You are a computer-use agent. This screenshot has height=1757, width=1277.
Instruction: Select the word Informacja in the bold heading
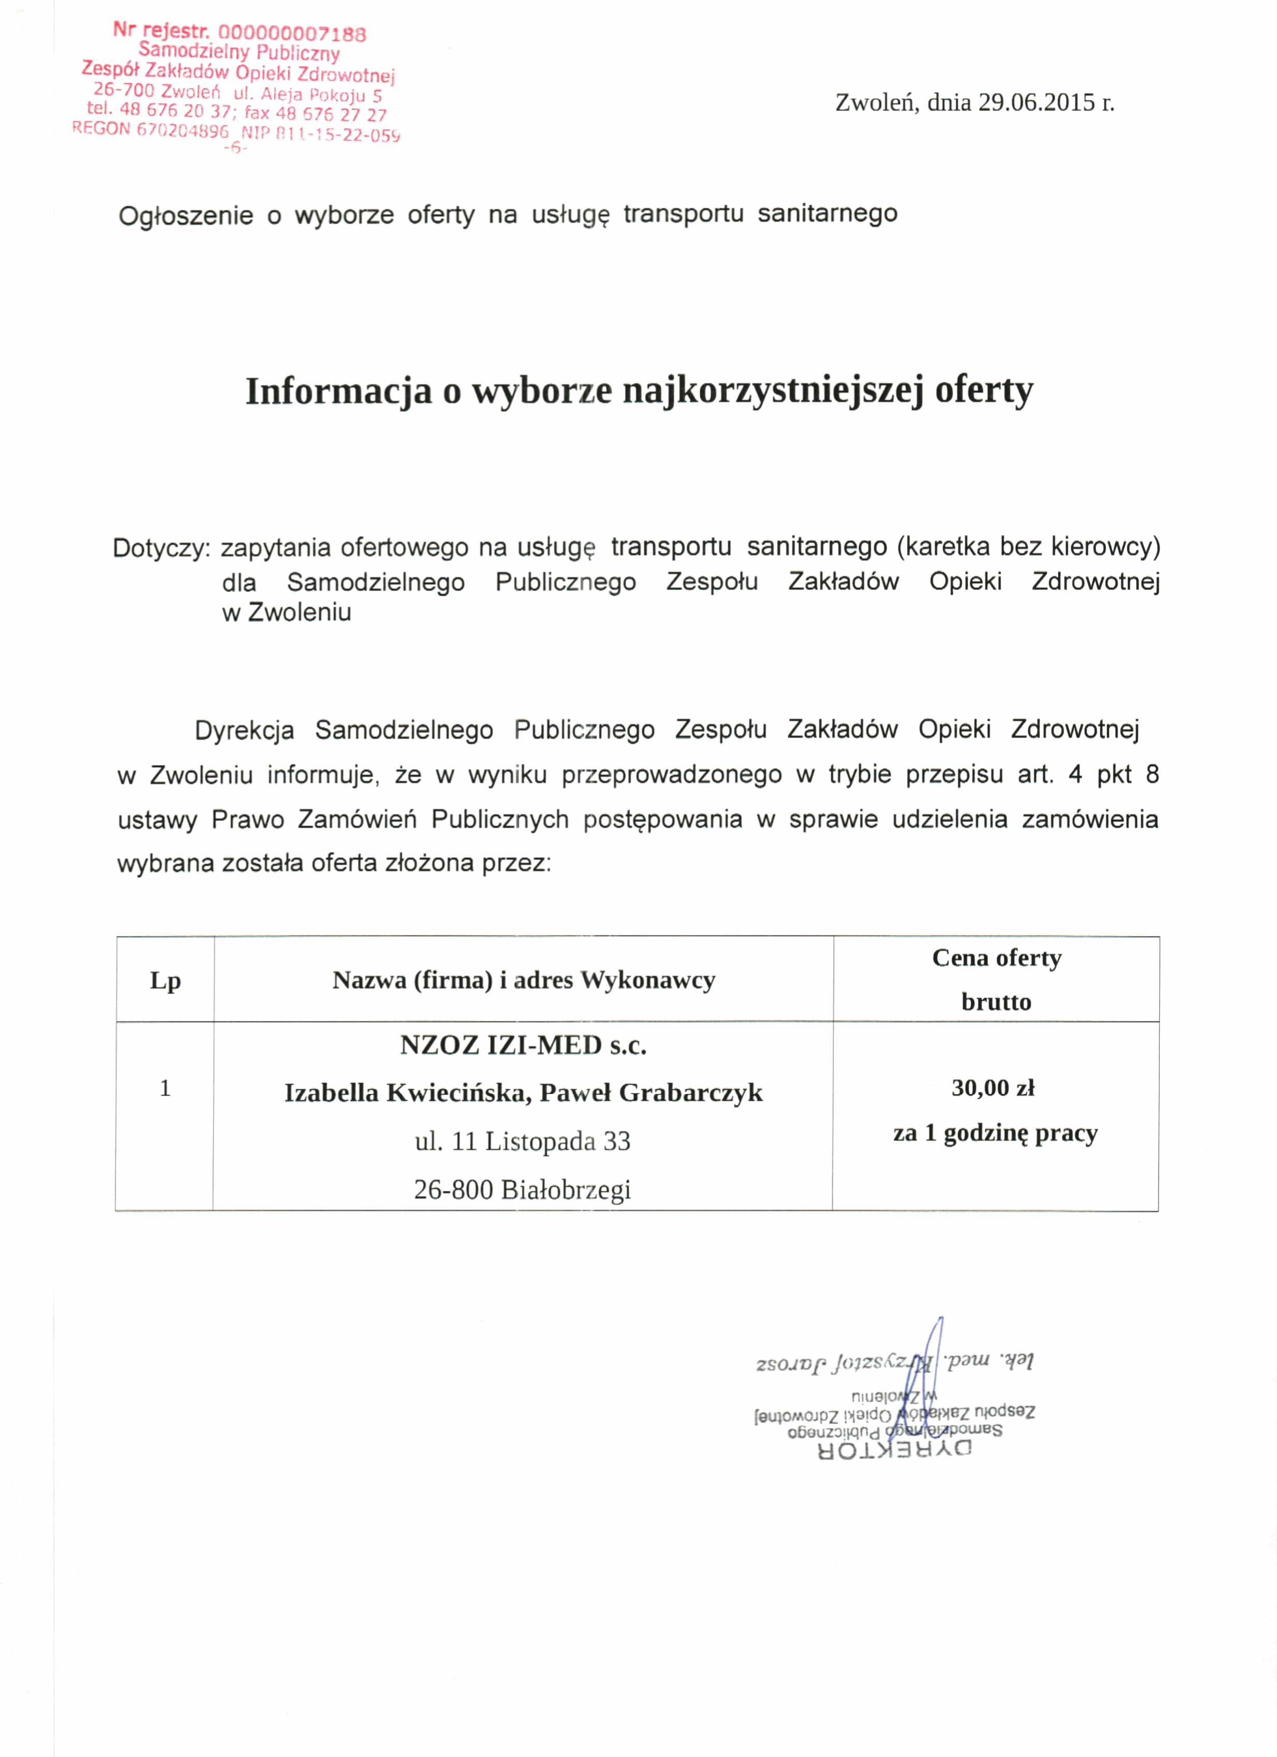point(338,391)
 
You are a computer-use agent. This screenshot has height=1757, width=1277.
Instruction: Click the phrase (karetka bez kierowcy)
point(1028,547)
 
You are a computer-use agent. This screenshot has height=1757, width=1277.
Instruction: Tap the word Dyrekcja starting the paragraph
point(244,730)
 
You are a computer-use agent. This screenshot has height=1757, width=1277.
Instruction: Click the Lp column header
point(165,981)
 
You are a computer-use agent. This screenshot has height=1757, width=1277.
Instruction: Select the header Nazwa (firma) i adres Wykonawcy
point(524,981)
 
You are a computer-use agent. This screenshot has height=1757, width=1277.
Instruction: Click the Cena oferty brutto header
point(997,980)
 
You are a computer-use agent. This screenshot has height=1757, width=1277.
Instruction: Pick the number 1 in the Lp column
point(165,1088)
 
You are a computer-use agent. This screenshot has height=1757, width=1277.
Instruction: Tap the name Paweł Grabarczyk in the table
point(651,1093)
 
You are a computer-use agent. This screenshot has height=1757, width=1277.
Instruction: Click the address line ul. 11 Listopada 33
point(523,1141)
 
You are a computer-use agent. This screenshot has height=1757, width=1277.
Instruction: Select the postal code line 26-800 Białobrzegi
point(523,1189)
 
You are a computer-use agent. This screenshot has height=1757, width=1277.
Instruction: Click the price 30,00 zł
point(994,1088)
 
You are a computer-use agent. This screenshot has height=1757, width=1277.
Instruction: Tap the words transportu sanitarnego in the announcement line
point(760,214)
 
